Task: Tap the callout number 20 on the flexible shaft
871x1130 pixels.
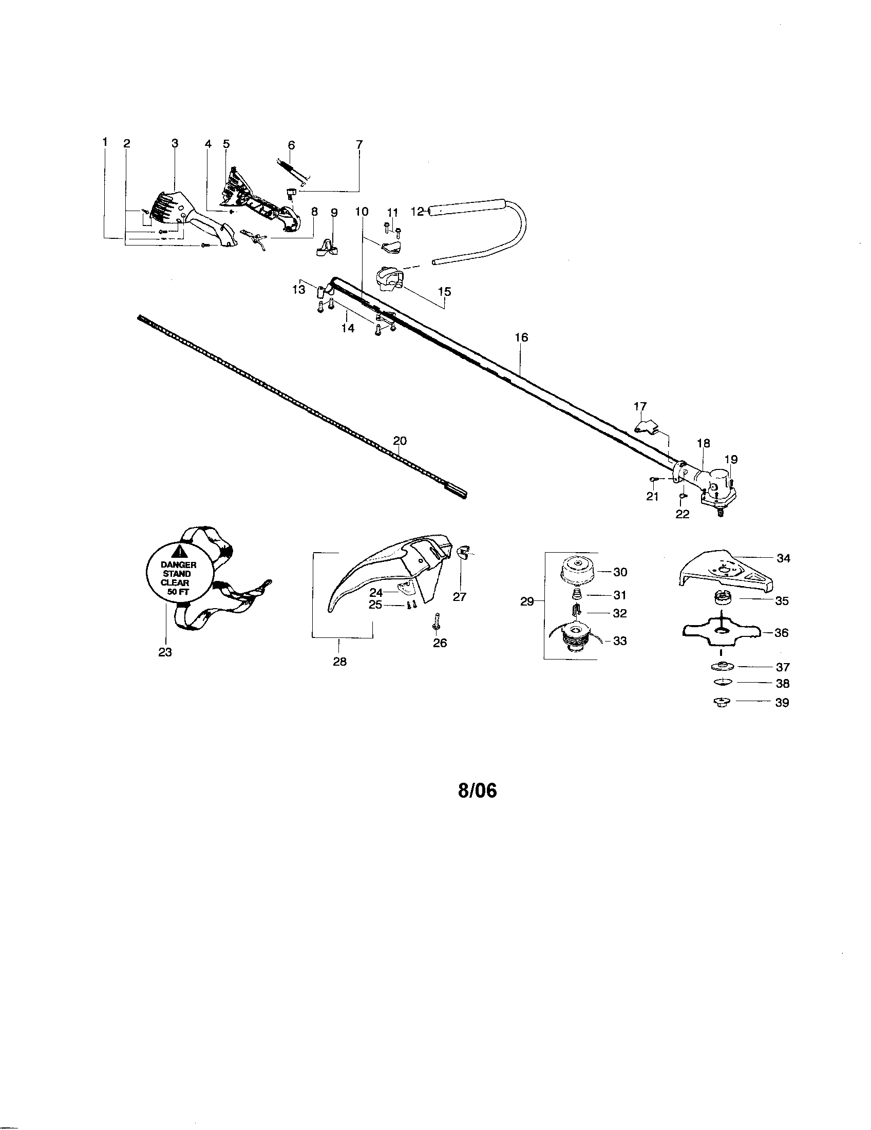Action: (400, 441)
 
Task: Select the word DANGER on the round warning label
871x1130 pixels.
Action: (178, 565)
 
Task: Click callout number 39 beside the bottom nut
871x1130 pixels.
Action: (782, 703)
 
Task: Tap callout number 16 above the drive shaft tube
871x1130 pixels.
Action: (521, 337)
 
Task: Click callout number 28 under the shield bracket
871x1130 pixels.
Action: (340, 661)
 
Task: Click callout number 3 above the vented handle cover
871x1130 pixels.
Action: (175, 144)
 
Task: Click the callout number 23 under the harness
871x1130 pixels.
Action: (165, 652)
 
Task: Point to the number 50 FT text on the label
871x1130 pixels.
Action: (178, 592)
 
